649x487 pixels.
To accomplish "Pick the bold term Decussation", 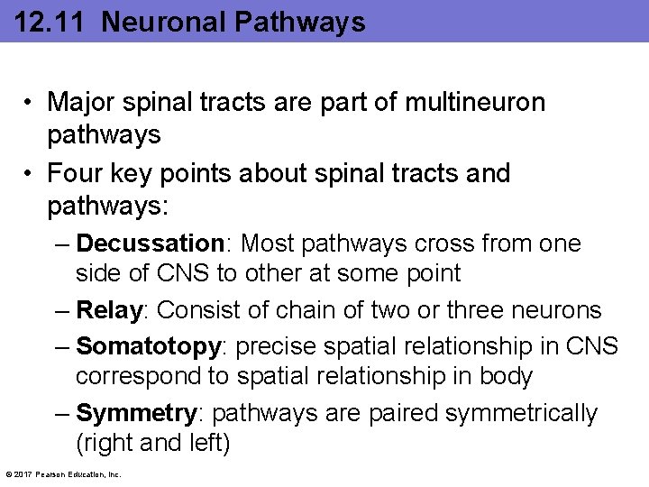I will (150, 243).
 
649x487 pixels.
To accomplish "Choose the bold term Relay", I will (109, 310).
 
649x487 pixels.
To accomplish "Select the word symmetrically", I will (528, 413).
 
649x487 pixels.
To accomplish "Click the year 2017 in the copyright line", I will (22, 474).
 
